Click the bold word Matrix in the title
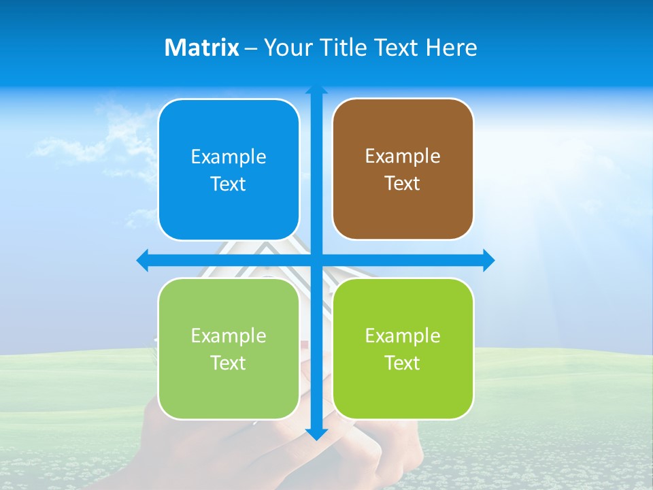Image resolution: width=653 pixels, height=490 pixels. [202, 48]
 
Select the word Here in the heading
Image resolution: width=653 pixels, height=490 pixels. [452, 48]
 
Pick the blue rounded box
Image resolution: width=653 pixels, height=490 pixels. [229, 169]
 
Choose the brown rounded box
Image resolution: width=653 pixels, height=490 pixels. [403, 169]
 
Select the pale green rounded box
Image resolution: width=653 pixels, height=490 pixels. [229, 348]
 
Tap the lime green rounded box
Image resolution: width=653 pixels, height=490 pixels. [403, 348]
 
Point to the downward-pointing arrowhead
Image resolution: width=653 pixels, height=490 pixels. [316, 434]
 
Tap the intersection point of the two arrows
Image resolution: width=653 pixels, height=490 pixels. [316, 260]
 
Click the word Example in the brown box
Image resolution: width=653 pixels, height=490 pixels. [403, 156]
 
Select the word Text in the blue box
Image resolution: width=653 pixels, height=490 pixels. [228, 184]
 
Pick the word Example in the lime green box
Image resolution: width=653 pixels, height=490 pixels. [403, 336]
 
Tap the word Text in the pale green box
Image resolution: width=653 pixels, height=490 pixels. [228, 363]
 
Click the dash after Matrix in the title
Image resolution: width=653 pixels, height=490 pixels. [251, 48]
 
